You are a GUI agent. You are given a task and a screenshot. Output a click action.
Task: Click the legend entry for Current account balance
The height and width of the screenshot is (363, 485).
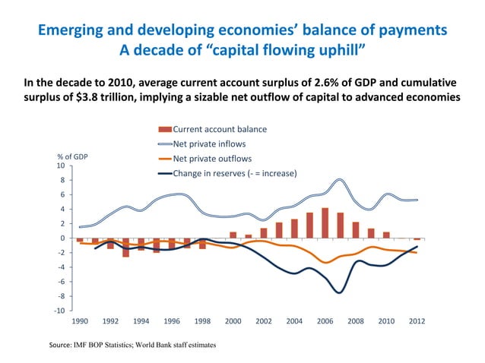pos(220,129)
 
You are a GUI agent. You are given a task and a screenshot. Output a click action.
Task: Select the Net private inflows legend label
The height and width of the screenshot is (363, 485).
pos(209,144)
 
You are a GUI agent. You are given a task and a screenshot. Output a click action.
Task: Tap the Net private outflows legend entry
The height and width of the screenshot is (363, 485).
pos(212,159)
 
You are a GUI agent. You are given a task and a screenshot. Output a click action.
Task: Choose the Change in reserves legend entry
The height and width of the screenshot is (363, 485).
pos(234,173)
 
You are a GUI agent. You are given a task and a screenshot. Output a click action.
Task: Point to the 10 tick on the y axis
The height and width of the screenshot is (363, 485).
pos(60,166)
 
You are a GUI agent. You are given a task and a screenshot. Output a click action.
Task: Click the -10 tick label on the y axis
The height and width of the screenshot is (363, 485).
pos(59,311)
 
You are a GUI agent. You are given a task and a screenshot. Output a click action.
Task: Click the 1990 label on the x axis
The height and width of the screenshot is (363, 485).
pos(80,321)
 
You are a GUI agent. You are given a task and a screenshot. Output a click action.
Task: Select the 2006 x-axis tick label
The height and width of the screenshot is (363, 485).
pos(325,321)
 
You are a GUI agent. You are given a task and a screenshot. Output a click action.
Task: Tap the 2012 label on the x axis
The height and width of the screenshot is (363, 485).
pos(417,321)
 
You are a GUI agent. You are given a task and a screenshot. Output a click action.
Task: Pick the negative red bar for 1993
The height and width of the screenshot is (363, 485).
pos(126,248)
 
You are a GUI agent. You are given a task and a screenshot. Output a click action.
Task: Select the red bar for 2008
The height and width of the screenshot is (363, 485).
pos(355,230)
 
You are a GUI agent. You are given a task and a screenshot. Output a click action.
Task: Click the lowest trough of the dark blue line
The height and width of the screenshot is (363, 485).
pos(340,292)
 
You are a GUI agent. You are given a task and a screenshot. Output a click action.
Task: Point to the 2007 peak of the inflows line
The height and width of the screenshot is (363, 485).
pos(340,180)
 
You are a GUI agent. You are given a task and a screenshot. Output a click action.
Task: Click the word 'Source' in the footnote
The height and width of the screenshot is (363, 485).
pos(62,345)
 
